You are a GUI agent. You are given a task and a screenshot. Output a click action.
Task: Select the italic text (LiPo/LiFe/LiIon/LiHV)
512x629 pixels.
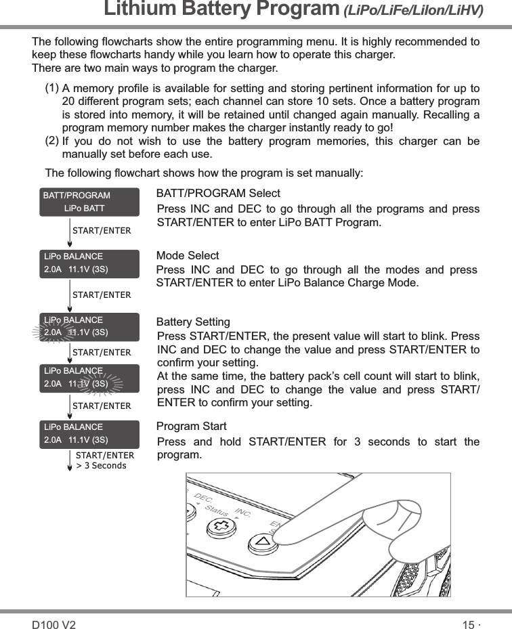[x=412, y=12]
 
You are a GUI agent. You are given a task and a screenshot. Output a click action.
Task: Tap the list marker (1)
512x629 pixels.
[x=51, y=89]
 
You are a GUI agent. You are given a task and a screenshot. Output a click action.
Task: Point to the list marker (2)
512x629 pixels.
[x=51, y=141]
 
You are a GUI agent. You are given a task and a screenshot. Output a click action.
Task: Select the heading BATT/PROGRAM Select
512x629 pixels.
[x=218, y=194]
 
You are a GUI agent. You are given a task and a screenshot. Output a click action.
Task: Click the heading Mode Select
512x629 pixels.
[x=188, y=255]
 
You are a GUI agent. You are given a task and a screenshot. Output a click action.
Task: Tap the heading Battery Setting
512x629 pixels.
[x=193, y=322]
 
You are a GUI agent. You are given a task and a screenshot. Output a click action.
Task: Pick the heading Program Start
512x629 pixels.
[x=191, y=427]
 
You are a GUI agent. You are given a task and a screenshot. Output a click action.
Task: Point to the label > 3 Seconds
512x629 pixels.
[x=101, y=466]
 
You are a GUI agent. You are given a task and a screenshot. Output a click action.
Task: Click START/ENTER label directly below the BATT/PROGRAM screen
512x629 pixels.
[x=102, y=231]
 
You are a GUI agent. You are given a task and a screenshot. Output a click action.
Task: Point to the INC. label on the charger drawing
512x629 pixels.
[x=242, y=510]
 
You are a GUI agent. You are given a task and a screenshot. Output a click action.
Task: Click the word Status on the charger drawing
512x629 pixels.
[x=217, y=507]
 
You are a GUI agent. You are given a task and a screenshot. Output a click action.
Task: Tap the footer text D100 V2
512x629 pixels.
[x=54, y=624]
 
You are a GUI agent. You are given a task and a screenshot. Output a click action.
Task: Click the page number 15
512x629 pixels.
[x=468, y=624]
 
